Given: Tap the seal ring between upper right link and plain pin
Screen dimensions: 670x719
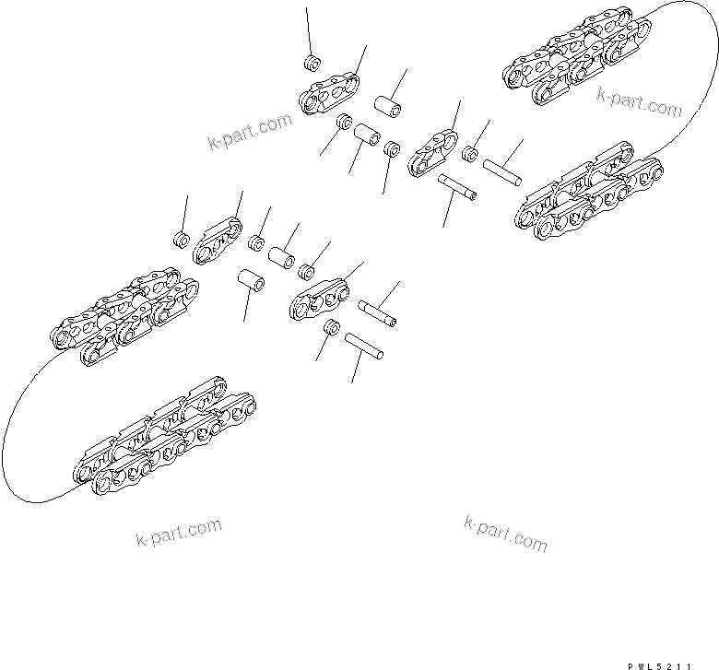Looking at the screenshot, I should click(470, 153).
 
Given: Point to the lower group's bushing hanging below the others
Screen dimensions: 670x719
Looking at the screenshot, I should click(251, 278).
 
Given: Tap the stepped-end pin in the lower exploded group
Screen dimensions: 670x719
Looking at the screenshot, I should click(380, 311).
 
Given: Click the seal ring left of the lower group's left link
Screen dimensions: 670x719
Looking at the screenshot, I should click(182, 241).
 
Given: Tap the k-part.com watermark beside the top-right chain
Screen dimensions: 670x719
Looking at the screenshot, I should click(638, 101).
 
